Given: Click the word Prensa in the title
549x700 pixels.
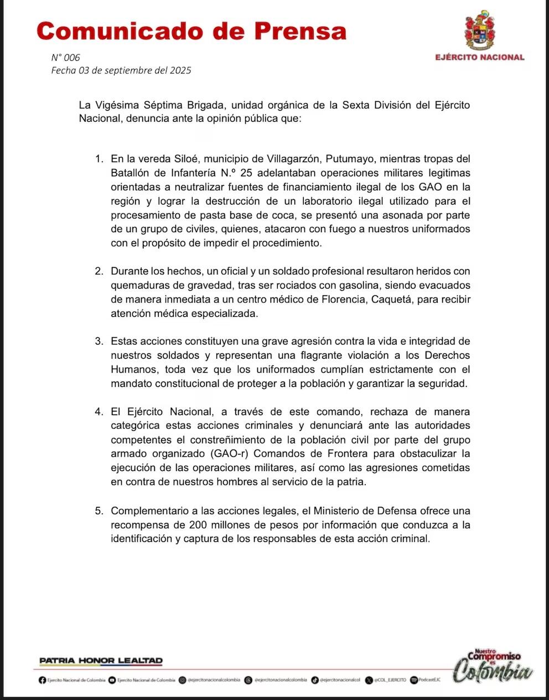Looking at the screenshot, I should pyautogui.click(x=301, y=31).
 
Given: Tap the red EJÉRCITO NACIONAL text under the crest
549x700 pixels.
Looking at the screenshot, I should pyautogui.click(x=479, y=57).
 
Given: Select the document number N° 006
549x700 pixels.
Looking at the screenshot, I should pyautogui.click(x=65, y=58).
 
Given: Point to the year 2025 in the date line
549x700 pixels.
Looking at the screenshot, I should pyautogui.click(x=180, y=70).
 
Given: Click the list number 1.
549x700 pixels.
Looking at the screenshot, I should pyautogui.click(x=99, y=159).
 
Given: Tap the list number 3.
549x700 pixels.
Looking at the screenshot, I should pyautogui.click(x=99, y=341).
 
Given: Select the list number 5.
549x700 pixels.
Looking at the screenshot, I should pyautogui.click(x=99, y=510).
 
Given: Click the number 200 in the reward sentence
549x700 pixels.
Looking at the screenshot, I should pyautogui.click(x=198, y=525).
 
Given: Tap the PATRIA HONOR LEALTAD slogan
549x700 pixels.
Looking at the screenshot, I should pyautogui.click(x=101, y=661).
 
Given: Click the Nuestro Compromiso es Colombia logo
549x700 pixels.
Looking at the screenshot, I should pyautogui.click(x=493, y=666).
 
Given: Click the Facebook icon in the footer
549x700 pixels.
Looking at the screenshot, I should pyautogui.click(x=42, y=680).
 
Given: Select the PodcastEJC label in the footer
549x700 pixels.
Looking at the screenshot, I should pyautogui.click(x=429, y=680).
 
